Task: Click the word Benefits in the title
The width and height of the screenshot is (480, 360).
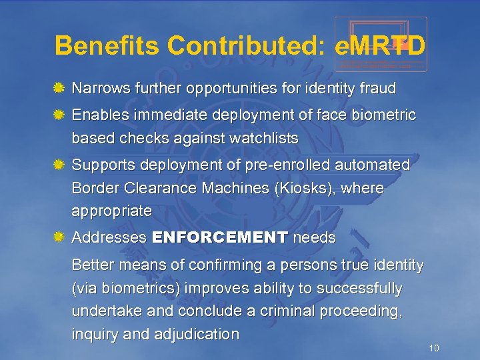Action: [x=107, y=46]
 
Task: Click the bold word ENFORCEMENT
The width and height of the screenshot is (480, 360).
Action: [x=220, y=237]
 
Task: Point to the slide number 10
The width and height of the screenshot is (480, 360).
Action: [x=434, y=348]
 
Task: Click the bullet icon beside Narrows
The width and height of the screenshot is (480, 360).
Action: [x=59, y=88]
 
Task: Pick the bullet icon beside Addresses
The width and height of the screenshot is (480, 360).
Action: [x=59, y=237]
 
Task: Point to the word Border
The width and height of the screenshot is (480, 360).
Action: [x=94, y=189]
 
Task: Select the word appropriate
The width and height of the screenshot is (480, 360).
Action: [x=111, y=211]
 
